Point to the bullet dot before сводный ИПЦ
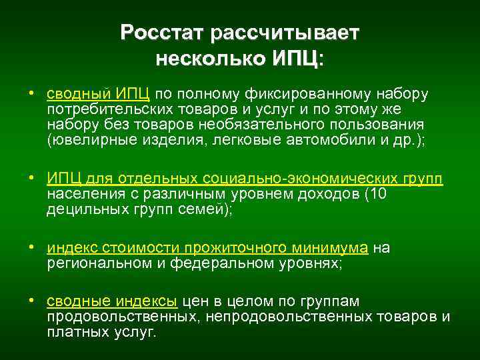point(31,92)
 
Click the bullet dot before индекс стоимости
point(31,247)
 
